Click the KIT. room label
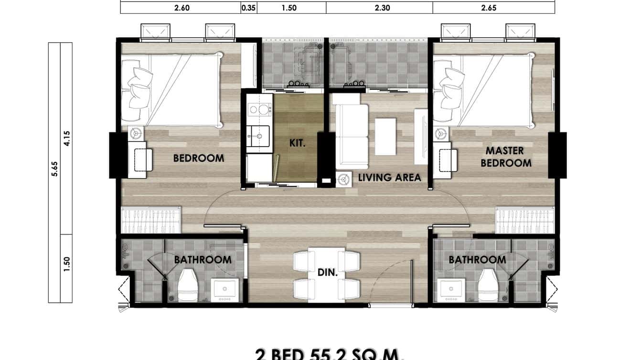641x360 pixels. [298, 143]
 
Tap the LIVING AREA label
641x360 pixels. [390, 178]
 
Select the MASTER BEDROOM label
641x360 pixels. [505, 157]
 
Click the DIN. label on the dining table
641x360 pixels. [328, 274]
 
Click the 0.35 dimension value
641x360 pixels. [248, 8]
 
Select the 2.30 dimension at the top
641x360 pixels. [379, 8]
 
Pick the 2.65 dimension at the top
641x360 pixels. [493, 8]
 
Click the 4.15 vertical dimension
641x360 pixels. [66, 138]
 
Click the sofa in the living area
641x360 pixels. [352, 136]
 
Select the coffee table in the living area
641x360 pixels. [385, 137]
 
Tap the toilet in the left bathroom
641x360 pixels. [188, 285]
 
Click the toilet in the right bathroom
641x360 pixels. [488, 285]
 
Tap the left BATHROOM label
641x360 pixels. [203, 260]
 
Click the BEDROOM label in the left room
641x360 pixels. [198, 158]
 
